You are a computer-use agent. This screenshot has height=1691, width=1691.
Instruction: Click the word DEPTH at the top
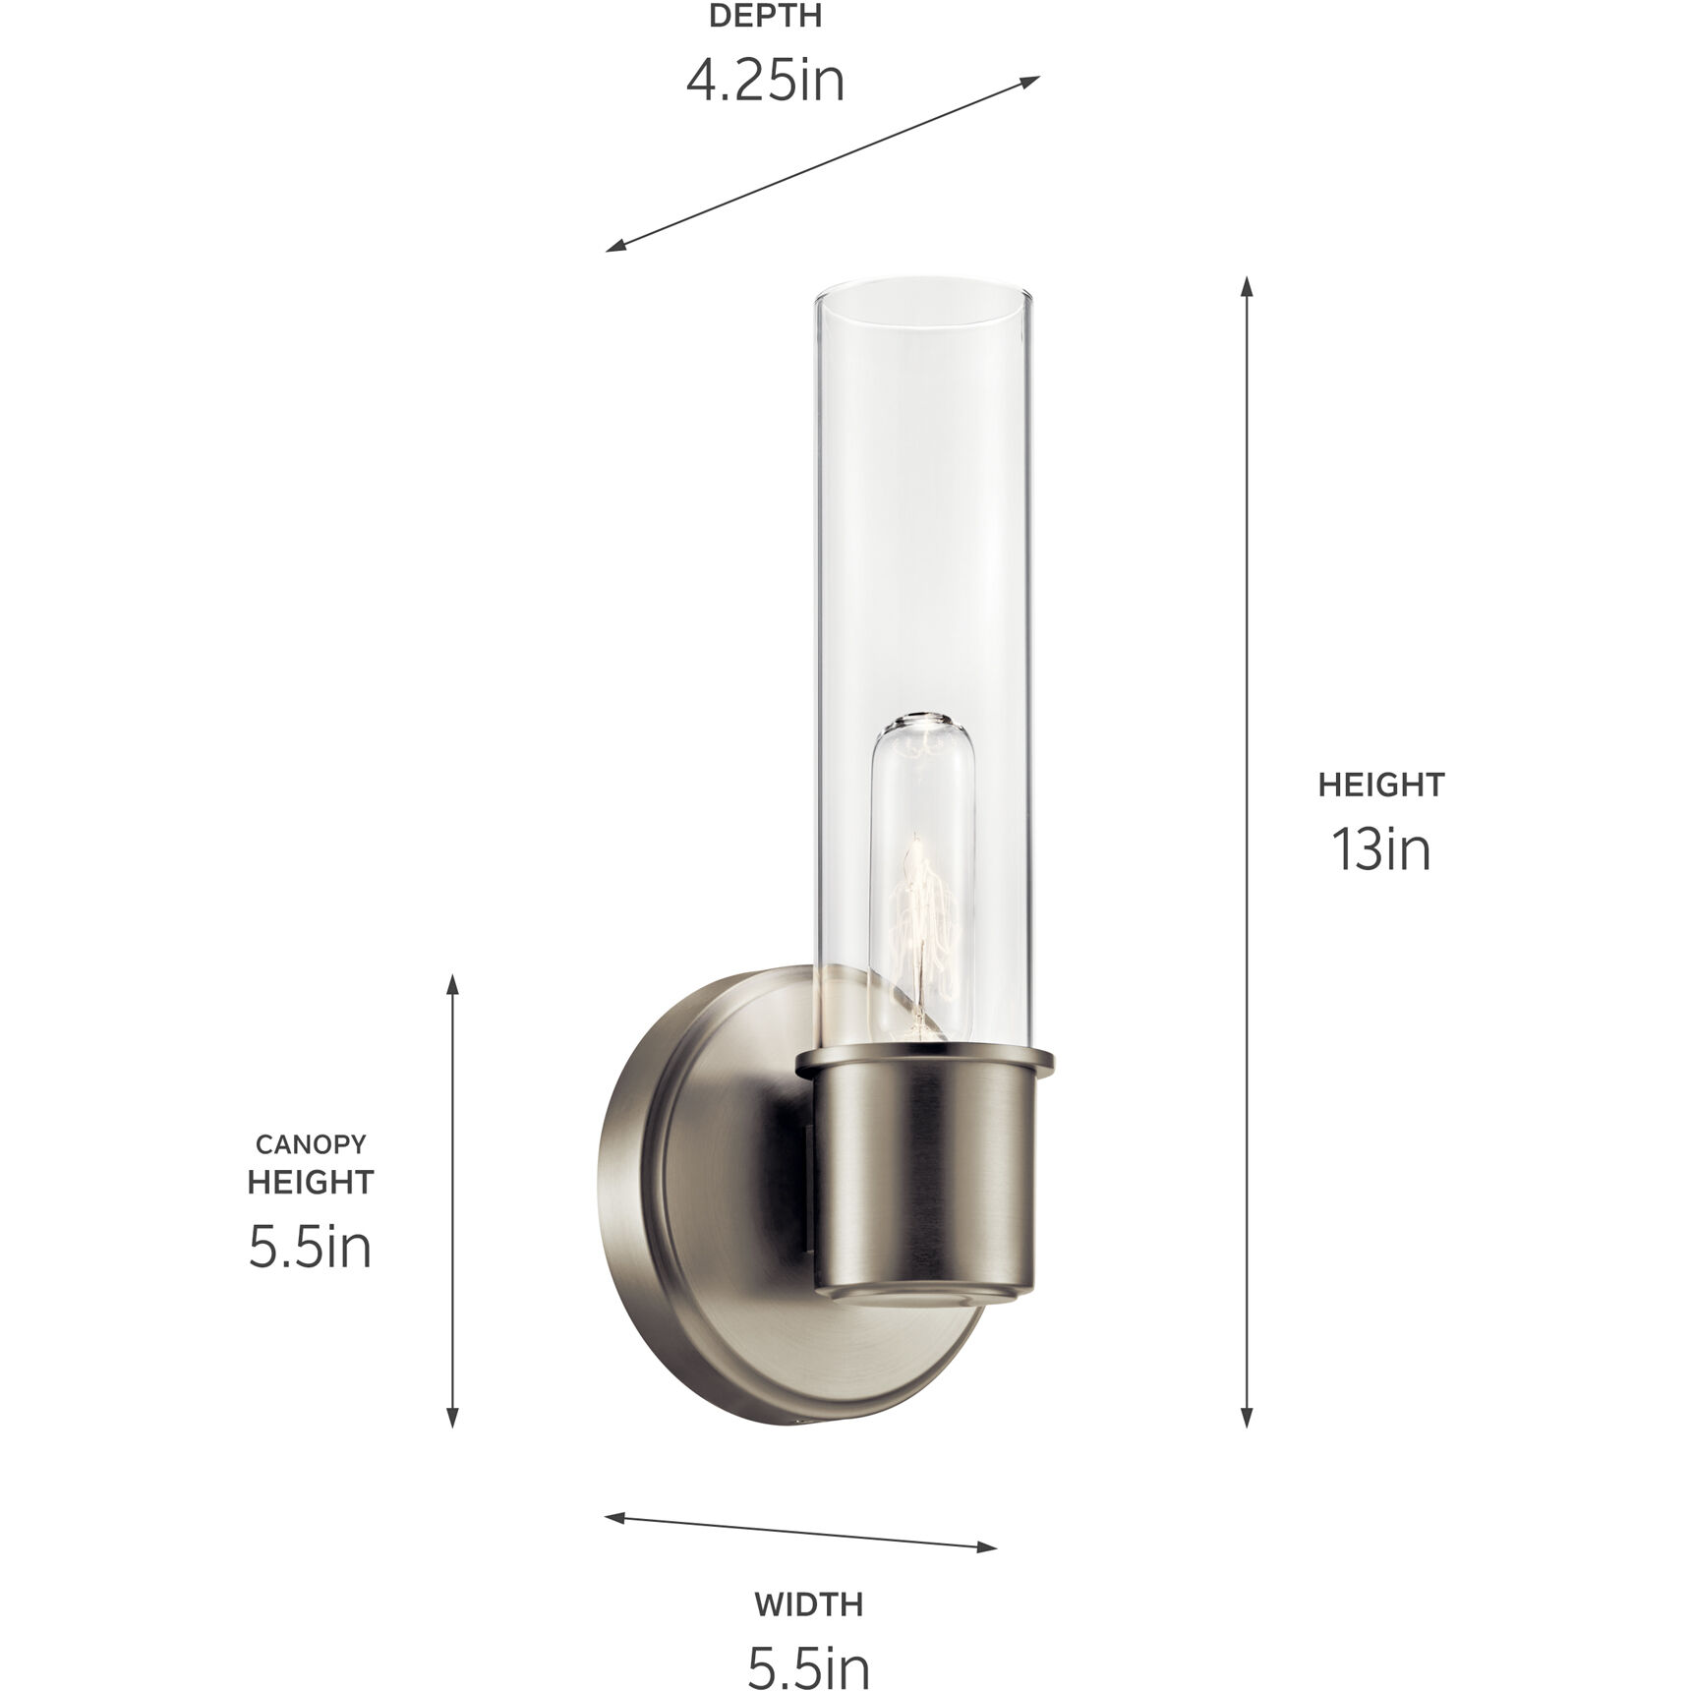coord(765,17)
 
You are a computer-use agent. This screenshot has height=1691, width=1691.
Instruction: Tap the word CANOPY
coord(311,1144)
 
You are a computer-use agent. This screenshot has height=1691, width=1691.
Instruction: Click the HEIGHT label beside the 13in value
coord(1380,785)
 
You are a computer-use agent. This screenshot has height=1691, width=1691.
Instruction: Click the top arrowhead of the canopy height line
coord(452,985)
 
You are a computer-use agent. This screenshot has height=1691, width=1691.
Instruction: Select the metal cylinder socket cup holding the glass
coord(924,1180)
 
